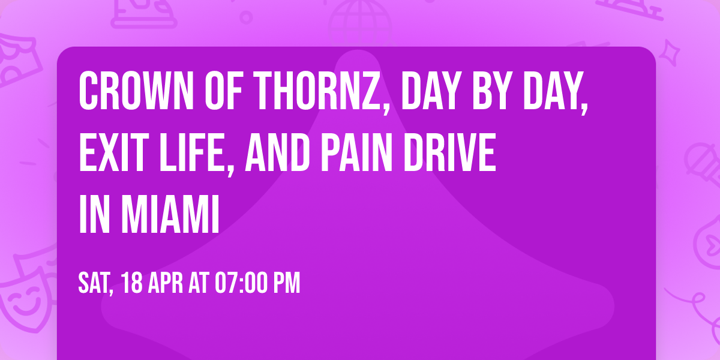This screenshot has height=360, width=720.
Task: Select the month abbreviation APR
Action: pos(166,283)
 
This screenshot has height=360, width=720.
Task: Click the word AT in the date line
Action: pos(200,283)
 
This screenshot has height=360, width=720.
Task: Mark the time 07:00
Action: pos(243,283)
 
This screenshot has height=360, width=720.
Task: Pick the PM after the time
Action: pos(287,283)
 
